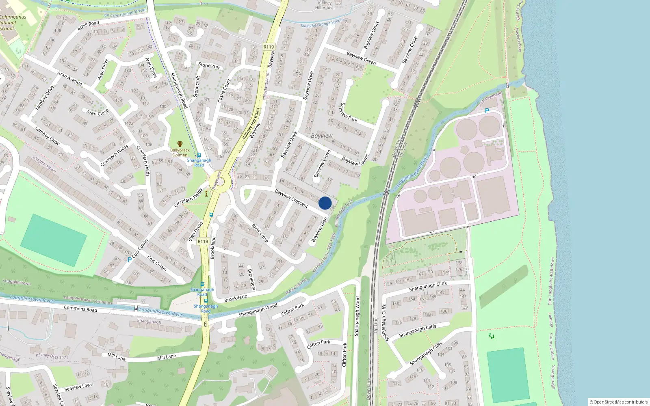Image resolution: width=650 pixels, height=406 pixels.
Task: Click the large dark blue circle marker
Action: (x=325, y=203)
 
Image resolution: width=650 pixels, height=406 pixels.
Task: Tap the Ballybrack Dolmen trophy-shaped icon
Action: (x=180, y=144)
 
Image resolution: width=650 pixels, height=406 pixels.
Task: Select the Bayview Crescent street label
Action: (x=291, y=198)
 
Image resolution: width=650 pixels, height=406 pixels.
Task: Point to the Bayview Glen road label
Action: (x=319, y=230)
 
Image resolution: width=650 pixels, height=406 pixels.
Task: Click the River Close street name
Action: (x=260, y=233)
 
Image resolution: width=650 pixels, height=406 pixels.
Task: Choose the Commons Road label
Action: (x=80, y=309)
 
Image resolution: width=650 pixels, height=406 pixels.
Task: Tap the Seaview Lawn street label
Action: (x=78, y=387)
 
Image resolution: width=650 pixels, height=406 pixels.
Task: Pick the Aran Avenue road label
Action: (x=69, y=78)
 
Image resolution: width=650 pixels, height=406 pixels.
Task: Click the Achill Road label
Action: (x=88, y=26)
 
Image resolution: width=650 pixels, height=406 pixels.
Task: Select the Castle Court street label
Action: (x=224, y=91)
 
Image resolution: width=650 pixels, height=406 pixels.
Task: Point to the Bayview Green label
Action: (x=361, y=58)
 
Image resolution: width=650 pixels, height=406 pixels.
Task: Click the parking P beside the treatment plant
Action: (x=487, y=111)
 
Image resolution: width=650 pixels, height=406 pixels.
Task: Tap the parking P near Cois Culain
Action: (x=129, y=260)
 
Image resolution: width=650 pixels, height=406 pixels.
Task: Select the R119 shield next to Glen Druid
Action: (x=203, y=241)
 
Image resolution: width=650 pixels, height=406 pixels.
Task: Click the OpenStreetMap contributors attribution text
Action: (x=619, y=402)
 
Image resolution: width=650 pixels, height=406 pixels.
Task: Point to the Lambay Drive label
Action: (x=44, y=98)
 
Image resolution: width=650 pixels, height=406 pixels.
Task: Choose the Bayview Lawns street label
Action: (x=355, y=160)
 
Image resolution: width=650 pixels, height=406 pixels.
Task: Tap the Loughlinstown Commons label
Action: (x=88, y=300)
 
